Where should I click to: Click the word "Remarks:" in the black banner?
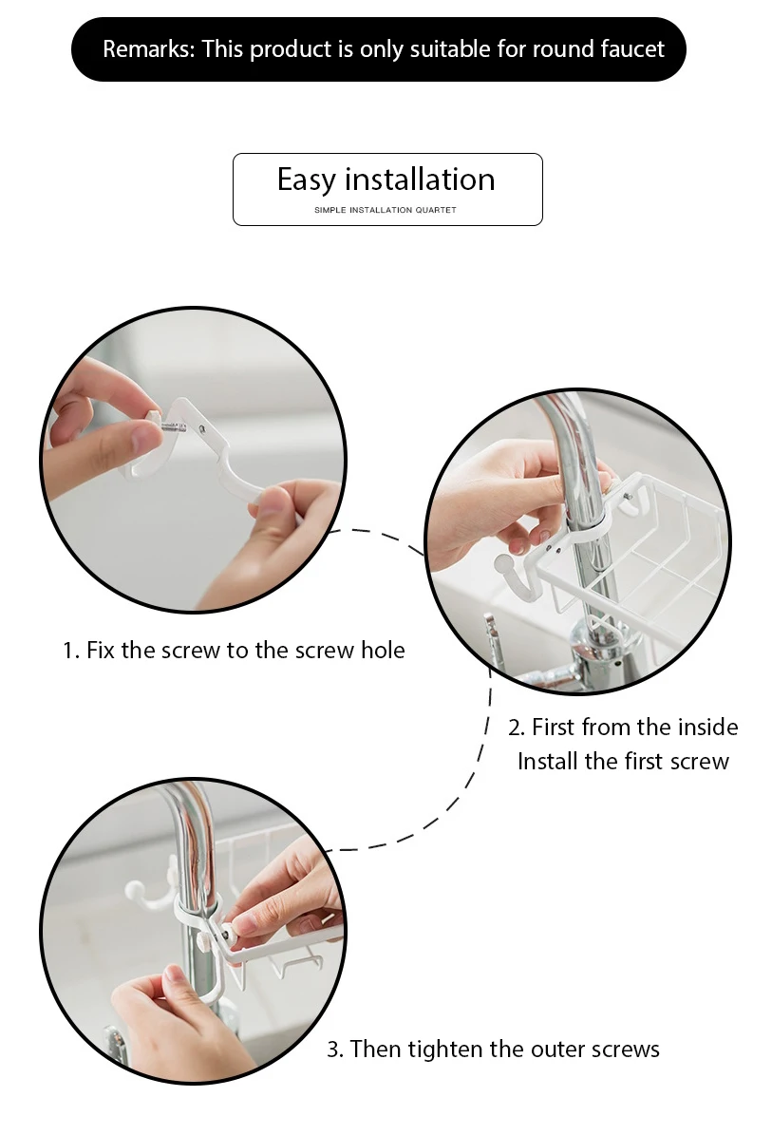[x=149, y=49]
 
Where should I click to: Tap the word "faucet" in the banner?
[x=631, y=49]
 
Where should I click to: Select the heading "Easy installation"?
[x=386, y=180]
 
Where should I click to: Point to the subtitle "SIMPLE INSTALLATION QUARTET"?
[x=386, y=210]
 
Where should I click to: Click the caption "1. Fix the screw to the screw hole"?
[x=234, y=650]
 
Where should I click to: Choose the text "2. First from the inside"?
[x=623, y=727]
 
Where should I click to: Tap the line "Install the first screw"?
[x=623, y=762]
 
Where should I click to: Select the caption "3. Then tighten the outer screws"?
[x=493, y=1049]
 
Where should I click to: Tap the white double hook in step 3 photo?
[x=155, y=883]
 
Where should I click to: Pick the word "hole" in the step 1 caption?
[x=383, y=650]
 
